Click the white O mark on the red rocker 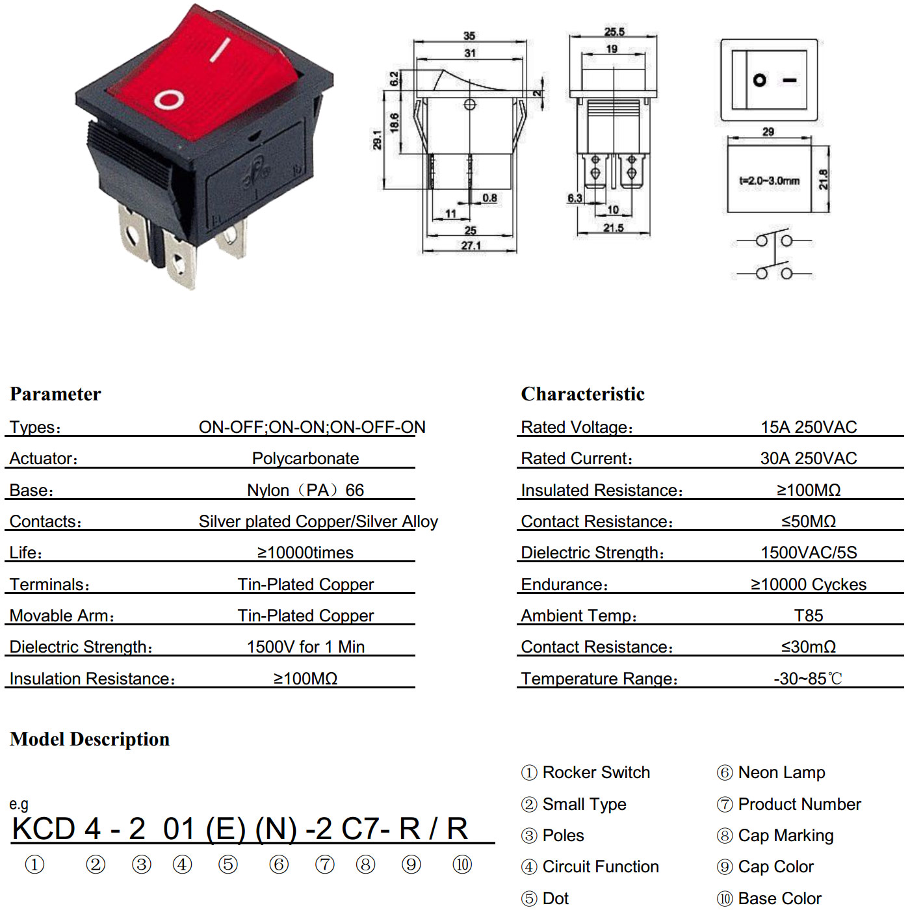pos(168,100)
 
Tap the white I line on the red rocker pos(220,50)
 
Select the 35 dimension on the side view pos(469,35)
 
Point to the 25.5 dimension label pos(614,32)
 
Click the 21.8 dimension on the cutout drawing pos(823,179)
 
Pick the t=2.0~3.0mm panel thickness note pos(769,181)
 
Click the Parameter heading pos(55,395)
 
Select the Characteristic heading pos(582,394)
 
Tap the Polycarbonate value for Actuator pos(305,458)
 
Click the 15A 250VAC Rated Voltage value pos(808,427)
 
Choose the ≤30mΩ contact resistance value pos(808,647)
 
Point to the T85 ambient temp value pos(808,616)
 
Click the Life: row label pos(26,552)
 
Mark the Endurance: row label pos(564,584)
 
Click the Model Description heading pos(89,739)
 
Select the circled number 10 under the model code pos(462,864)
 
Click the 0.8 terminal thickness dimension pos(489,198)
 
